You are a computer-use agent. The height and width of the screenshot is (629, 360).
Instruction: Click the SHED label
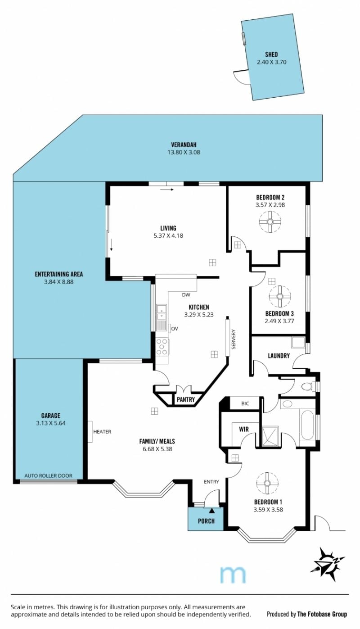click(271, 54)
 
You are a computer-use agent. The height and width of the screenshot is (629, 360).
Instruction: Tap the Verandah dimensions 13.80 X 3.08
click(184, 153)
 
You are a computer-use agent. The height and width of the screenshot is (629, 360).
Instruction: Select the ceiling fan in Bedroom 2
click(270, 222)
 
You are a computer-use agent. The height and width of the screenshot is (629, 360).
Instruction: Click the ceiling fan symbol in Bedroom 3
click(280, 296)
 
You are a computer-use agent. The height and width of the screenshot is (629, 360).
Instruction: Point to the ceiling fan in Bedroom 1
click(267, 483)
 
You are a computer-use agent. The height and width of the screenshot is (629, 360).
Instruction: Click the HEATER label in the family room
click(102, 432)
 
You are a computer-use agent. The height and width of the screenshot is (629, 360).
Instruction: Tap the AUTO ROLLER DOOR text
click(48, 475)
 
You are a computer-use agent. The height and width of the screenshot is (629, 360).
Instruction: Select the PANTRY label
click(186, 399)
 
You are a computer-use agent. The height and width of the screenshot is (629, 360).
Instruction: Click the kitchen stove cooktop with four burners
click(162, 347)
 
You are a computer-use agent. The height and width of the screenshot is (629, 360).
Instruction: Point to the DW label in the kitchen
click(186, 295)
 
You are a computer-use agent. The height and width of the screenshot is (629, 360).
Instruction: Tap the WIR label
click(244, 429)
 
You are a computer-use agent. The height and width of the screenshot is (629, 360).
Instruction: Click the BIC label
click(245, 403)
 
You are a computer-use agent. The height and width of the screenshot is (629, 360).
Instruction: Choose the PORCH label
click(206, 521)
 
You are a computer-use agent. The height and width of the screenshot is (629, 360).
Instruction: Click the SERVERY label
click(234, 339)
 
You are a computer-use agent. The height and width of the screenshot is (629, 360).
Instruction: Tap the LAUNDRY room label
click(279, 356)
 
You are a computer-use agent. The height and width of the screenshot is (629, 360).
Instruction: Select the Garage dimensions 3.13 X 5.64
click(51, 423)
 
